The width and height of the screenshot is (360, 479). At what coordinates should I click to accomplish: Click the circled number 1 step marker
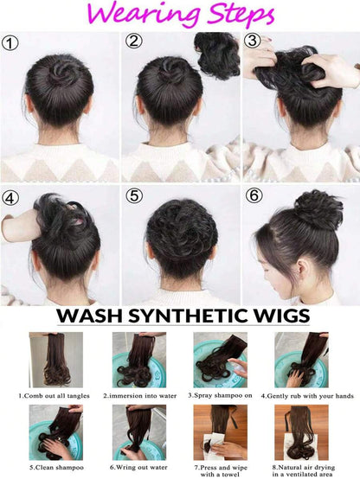pyautogui.click(x=10, y=43)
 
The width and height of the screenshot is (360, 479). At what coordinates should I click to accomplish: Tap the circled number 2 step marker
pyautogui.click(x=133, y=42)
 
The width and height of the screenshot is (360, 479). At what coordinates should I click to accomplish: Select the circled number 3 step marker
pyautogui.click(x=252, y=41)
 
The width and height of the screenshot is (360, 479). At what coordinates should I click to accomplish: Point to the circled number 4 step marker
pyautogui.click(x=10, y=198)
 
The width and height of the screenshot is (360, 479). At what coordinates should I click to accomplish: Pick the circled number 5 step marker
pyautogui.click(x=134, y=195)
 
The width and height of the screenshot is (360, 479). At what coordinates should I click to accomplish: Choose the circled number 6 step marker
pyautogui.click(x=254, y=195)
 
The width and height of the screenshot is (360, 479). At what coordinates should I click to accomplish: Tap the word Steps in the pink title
pyautogui.click(x=241, y=15)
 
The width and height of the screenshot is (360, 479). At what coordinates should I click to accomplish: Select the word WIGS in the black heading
pyautogui.click(x=281, y=316)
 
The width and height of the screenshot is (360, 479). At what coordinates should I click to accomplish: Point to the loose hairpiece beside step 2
pyautogui.click(x=218, y=56)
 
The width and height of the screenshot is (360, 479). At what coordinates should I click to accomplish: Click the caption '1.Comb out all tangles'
pyautogui.click(x=55, y=396)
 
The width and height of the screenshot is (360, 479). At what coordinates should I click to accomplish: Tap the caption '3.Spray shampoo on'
pyautogui.click(x=220, y=395)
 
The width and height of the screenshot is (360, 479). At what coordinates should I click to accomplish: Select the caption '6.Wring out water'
pyautogui.click(x=138, y=468)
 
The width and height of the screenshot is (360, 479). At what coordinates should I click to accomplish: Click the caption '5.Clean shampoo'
pyautogui.click(x=56, y=468)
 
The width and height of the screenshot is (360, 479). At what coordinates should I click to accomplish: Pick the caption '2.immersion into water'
pyautogui.click(x=140, y=396)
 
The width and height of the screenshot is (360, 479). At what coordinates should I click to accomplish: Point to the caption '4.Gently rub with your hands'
pyautogui.click(x=307, y=396)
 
